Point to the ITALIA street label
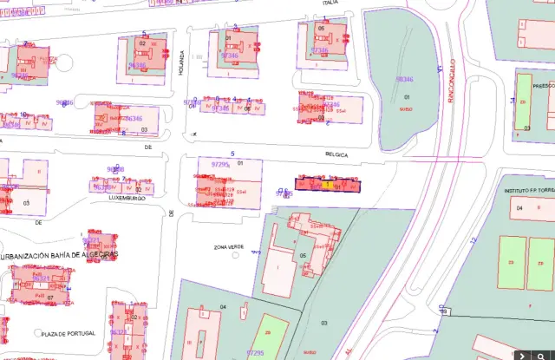click(330, 3)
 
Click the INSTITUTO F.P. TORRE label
click(528, 189)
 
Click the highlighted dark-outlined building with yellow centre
click(327, 184)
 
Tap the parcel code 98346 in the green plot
click(404, 79)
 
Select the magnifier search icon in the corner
click(521, 354)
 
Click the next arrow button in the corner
click(544, 354)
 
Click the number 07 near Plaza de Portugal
click(50, 298)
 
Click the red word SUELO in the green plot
click(405, 110)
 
